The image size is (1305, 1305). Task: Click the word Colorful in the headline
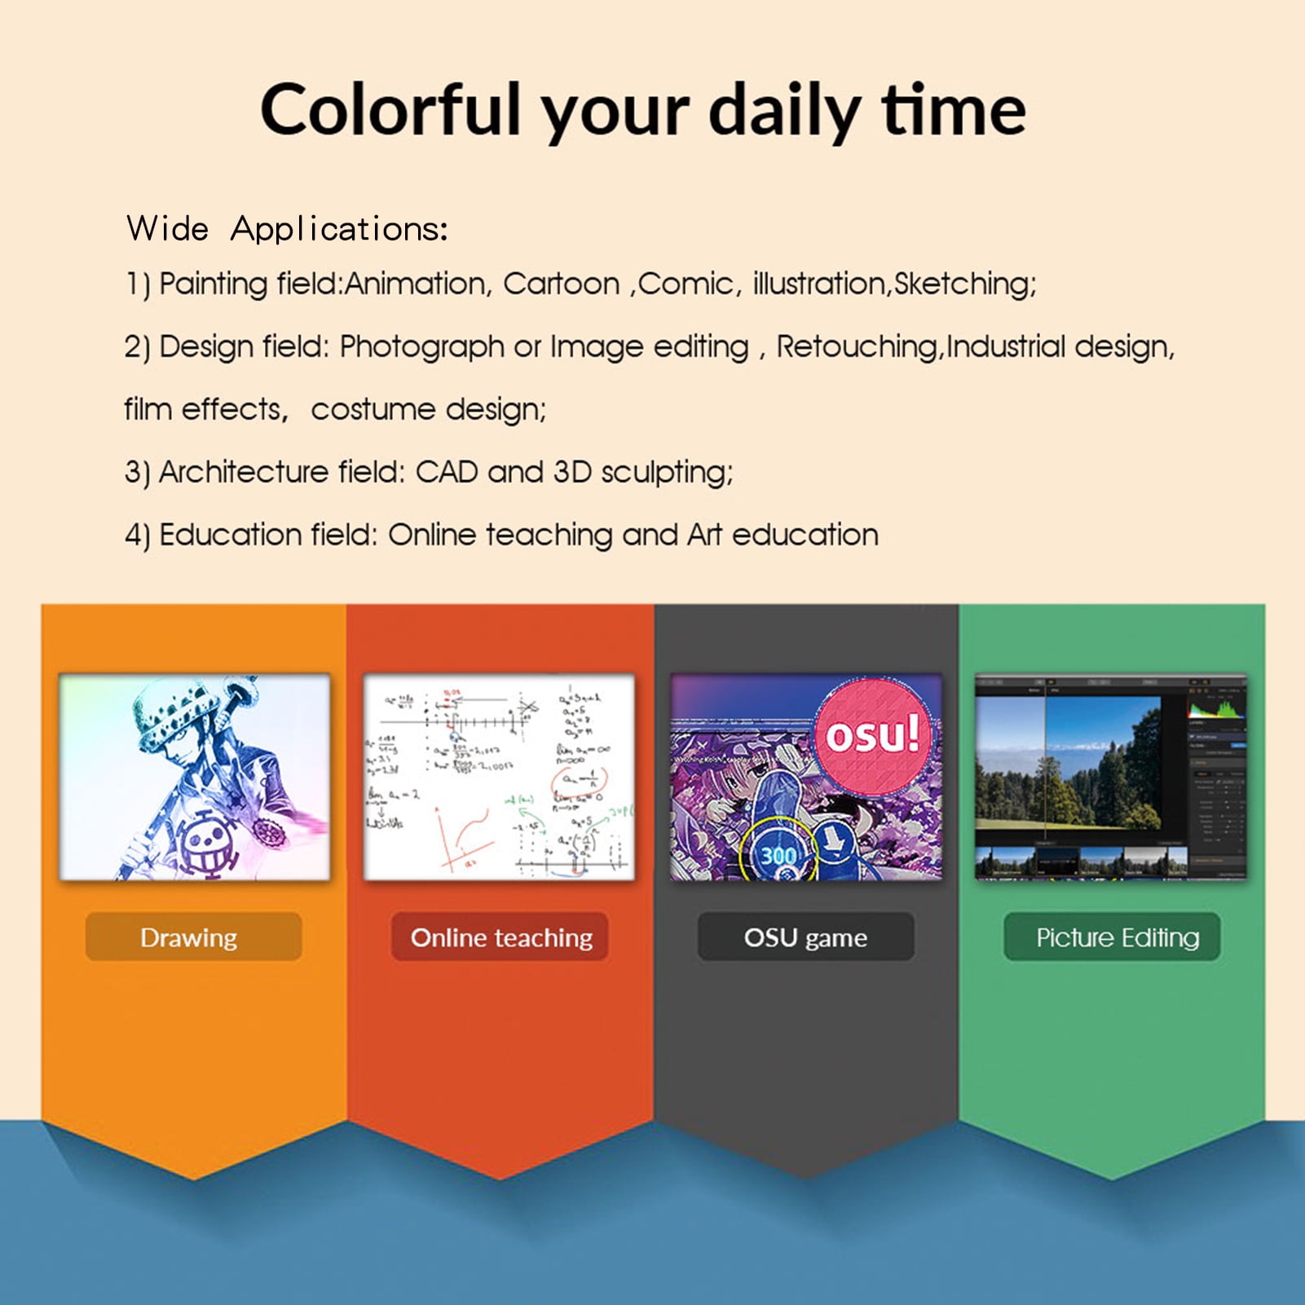(390, 111)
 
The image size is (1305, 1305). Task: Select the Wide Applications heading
(287, 229)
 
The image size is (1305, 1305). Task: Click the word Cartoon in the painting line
(561, 284)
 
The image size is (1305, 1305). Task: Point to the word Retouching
(856, 346)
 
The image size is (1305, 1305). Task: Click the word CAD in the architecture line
(446, 472)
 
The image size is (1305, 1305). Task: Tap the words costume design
(428, 409)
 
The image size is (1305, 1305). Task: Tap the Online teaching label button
(500, 937)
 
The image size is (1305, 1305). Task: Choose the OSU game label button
(805, 937)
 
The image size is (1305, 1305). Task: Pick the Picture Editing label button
(1113, 937)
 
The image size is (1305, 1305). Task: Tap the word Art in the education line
(704, 535)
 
